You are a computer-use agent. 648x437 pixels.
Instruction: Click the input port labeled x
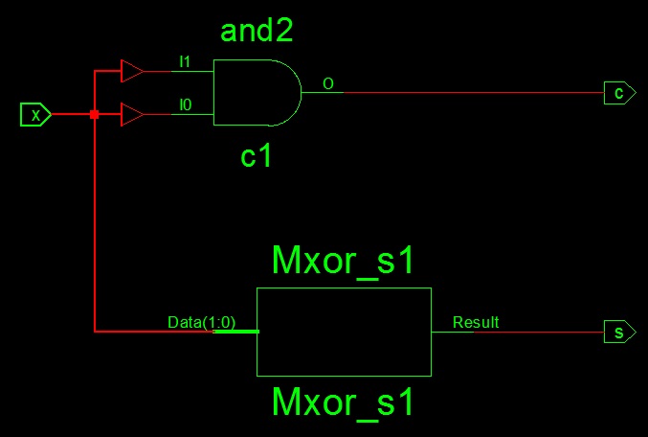pos(35,114)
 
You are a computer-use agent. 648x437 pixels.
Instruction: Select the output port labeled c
pos(619,93)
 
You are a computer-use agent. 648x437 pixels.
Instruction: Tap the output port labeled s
pos(619,332)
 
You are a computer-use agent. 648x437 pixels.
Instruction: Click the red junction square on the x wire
pos(94,114)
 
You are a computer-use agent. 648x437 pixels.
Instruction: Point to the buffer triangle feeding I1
pos(132,71)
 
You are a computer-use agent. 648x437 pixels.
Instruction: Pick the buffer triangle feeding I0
pos(132,114)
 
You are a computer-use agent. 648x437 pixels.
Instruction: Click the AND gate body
pos(257,92)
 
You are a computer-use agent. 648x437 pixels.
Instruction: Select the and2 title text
pos(257,31)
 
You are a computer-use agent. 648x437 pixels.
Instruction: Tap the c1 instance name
pos(256,156)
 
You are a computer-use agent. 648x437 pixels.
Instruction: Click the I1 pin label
pos(185,61)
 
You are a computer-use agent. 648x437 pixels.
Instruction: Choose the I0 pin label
pos(186,104)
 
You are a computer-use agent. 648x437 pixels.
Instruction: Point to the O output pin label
pos(328,84)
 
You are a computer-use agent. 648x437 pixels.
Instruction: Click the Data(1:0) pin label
pos(201,322)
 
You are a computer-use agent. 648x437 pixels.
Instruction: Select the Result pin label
pos(476,322)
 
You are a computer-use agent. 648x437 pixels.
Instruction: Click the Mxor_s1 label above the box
pos(343,261)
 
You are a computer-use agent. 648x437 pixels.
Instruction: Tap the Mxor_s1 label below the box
pos(343,402)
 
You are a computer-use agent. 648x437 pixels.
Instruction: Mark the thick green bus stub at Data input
pos(236,332)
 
